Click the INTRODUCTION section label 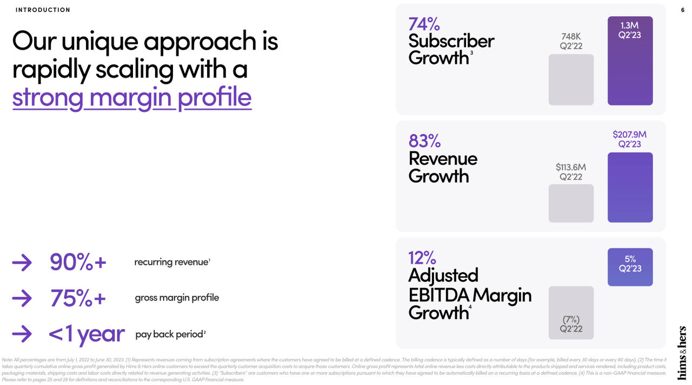pos(43,10)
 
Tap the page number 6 pos(682,10)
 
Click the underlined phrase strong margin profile pos(132,97)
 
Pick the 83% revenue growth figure pos(424,141)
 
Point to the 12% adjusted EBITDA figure pos(422,257)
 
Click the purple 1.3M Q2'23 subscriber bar pos(630,61)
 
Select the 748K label pos(571,36)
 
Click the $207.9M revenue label pos(630,134)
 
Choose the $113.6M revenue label pos(571,167)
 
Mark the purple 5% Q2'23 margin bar pos(630,267)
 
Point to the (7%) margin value pos(571,319)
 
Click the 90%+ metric pos(78,263)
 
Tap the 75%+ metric pos(78,298)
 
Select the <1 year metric pos(86,334)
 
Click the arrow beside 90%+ pos(22,263)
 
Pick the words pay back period pos(169,334)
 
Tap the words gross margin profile pos(177,298)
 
